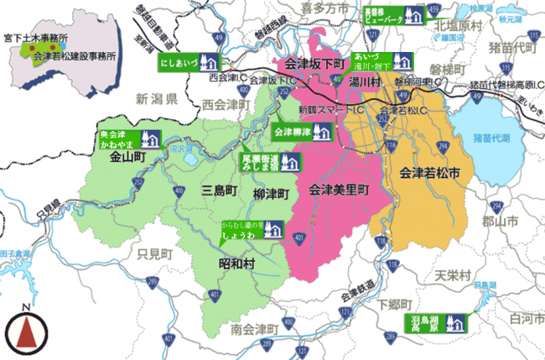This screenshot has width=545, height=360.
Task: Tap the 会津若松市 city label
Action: (x=430, y=174)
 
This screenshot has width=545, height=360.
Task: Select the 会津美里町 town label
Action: (x=339, y=190)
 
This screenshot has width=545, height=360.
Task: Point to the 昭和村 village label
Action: (x=236, y=263)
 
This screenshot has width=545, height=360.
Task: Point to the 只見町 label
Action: (x=155, y=253)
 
